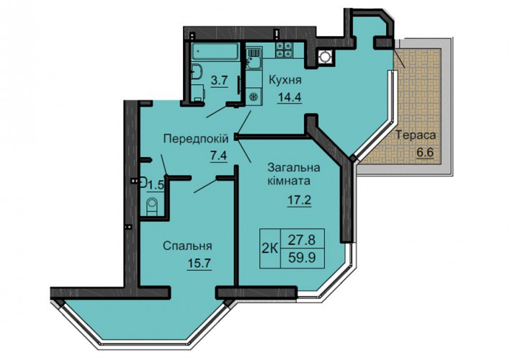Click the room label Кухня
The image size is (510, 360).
coord(285,80)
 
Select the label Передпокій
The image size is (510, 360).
coord(196,139)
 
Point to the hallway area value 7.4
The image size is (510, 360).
coord(218,156)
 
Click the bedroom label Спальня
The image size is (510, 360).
coord(187,246)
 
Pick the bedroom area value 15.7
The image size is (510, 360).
coord(200,263)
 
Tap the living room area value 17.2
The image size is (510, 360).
coord(299,199)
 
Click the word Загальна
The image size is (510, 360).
coord(294,168)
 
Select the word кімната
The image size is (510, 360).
coord(289,181)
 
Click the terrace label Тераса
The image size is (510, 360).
coord(416,135)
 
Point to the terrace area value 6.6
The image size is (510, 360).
coord(425,152)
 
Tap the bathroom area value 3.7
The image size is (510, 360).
coord(219,80)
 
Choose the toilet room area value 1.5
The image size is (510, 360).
coord(156,186)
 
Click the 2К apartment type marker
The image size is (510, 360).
coord(270,249)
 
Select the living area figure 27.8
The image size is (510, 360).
coord(302,240)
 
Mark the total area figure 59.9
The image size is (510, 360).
coord(302,258)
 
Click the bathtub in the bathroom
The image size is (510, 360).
coord(215,51)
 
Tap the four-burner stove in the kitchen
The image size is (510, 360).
coord(283,50)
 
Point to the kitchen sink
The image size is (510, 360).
coord(254,59)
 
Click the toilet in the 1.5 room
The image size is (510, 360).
coord(152,207)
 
